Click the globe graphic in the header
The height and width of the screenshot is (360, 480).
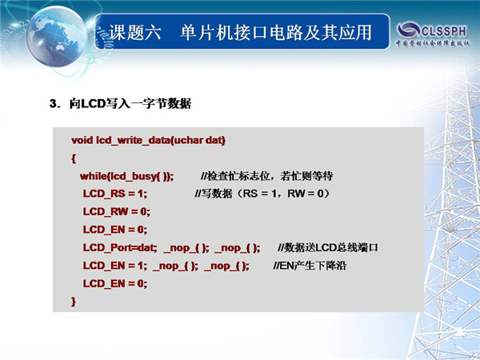[57, 37]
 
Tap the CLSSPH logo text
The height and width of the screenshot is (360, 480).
[443, 31]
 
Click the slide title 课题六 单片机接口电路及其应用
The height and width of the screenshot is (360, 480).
[240, 33]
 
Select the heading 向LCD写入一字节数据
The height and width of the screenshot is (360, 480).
[130, 104]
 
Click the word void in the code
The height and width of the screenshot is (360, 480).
[82, 140]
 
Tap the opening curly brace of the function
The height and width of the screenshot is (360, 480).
[74, 158]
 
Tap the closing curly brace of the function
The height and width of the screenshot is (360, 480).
[74, 302]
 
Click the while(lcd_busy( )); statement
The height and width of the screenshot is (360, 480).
[126, 176]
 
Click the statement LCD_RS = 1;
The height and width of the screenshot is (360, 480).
[114, 194]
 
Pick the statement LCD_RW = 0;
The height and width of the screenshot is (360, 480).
[116, 212]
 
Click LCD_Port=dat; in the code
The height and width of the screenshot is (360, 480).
[120, 247]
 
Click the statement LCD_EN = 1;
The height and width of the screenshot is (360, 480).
[114, 266]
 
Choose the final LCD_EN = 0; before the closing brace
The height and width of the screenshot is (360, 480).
[114, 283]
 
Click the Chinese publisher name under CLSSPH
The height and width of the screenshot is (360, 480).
[433, 43]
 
